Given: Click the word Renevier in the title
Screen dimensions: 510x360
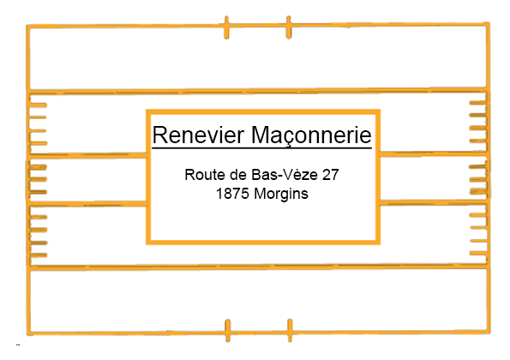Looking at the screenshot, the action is tap(198, 135).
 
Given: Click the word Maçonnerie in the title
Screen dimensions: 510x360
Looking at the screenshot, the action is tap(311, 135).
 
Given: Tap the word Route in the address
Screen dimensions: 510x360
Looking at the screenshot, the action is tap(205, 175).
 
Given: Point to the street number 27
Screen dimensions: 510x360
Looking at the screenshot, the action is tap(331, 175).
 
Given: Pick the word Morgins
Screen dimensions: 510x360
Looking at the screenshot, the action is tap(281, 195).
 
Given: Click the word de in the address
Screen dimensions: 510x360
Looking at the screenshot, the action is tap(238, 175).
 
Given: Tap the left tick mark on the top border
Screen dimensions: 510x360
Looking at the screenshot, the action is tap(226, 27).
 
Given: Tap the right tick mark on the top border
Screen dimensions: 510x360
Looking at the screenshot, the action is tap(289, 27).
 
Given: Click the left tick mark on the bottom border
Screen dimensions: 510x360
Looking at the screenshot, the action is tap(228, 330).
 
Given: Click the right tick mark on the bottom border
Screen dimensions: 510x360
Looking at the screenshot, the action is tap(290, 330).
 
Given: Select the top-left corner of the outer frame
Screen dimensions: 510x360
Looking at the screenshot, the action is tap(28, 26).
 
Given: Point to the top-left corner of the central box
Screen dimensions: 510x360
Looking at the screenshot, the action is tap(148, 112).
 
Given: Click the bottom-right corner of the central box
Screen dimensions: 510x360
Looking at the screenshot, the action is tap(378, 242).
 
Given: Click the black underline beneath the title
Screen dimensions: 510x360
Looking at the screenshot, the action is tap(261, 148).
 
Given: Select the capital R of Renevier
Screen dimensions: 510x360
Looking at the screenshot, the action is tap(159, 135).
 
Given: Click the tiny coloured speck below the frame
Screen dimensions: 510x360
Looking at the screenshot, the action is tap(18, 345).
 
